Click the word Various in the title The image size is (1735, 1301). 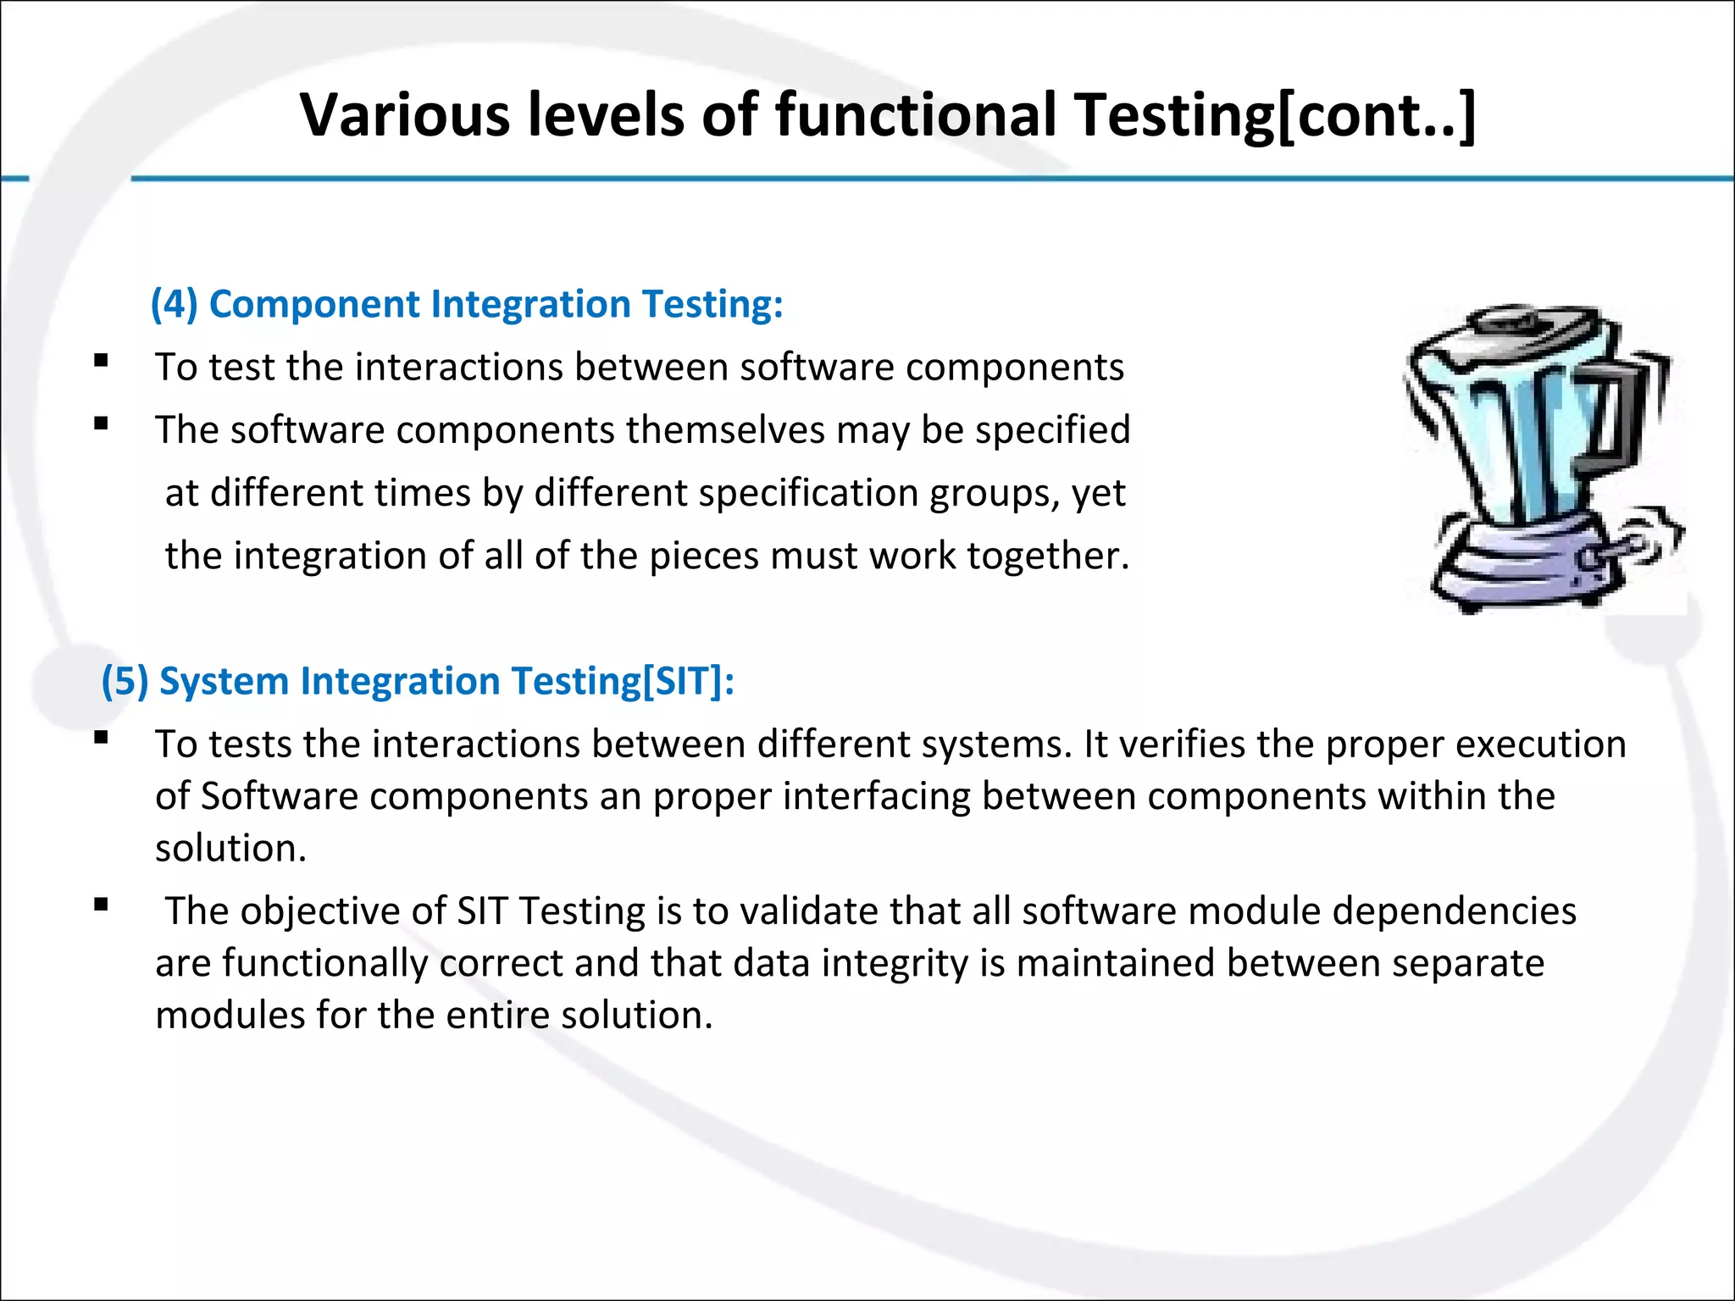pos(404,114)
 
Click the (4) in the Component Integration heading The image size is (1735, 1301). pos(174,304)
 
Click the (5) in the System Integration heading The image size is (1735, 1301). pos(125,681)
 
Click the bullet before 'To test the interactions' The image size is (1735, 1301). pos(102,361)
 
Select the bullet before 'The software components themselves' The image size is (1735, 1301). pos(102,424)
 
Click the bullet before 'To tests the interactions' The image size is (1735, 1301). pos(102,738)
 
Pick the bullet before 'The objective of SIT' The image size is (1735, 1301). pos(102,905)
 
